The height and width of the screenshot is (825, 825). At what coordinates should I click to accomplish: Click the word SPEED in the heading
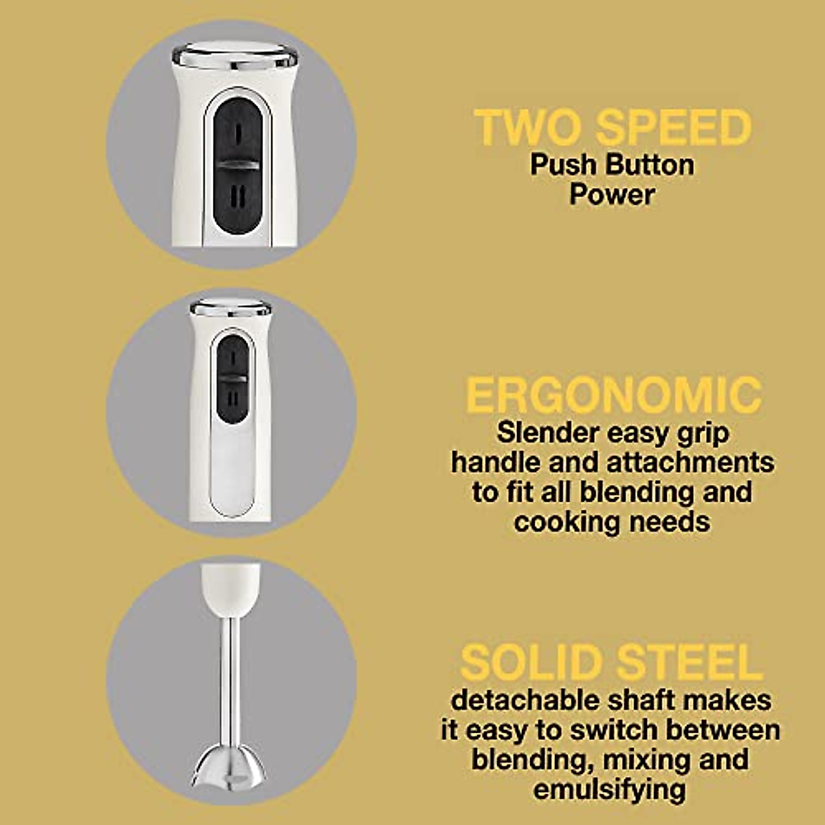[673, 128]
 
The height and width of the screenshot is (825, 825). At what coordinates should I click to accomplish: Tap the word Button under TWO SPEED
[650, 165]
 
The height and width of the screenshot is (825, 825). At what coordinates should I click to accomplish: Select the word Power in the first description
[612, 195]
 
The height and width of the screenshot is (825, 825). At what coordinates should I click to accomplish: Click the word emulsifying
[609, 789]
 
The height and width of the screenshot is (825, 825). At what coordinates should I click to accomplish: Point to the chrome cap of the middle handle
[231, 307]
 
